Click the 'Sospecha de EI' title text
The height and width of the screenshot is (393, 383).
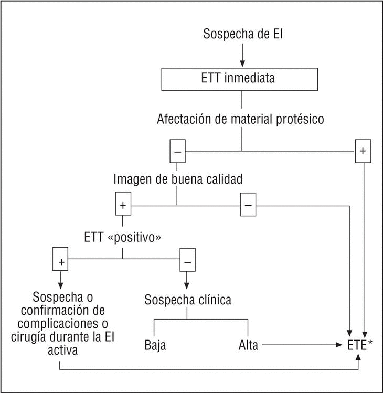(x=241, y=35)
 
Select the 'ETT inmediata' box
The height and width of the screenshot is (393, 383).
(x=241, y=80)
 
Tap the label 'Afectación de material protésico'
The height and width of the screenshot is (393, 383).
(x=240, y=119)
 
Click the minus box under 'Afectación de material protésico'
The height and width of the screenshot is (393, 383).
(x=177, y=152)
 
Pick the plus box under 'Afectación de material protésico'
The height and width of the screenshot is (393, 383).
(x=362, y=152)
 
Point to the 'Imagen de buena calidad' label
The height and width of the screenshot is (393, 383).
(x=178, y=179)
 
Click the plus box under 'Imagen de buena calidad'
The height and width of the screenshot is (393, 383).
(x=123, y=205)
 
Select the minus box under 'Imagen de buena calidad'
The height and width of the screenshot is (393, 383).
(x=248, y=205)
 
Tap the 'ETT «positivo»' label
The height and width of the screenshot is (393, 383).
(x=122, y=237)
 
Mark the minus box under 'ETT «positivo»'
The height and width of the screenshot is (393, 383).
(x=187, y=259)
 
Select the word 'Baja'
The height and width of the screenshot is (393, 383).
(x=155, y=346)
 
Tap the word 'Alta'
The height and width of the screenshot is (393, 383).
(x=248, y=346)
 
